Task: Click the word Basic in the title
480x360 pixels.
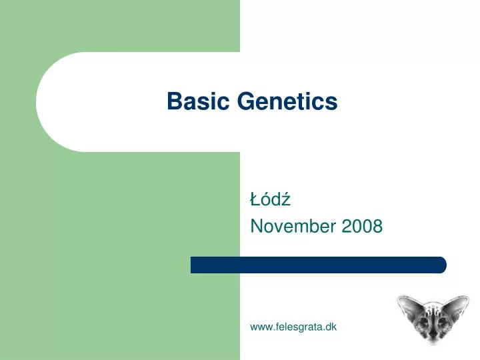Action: [x=190, y=101]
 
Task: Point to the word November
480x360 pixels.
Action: [x=293, y=227]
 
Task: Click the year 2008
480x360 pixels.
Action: [x=362, y=227]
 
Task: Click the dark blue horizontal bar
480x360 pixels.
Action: [x=318, y=265]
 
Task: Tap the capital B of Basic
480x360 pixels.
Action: [x=173, y=101]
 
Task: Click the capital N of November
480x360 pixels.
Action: [x=256, y=227]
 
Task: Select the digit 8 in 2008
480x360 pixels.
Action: [x=377, y=227]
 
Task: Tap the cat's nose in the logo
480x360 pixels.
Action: [x=431, y=335]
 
